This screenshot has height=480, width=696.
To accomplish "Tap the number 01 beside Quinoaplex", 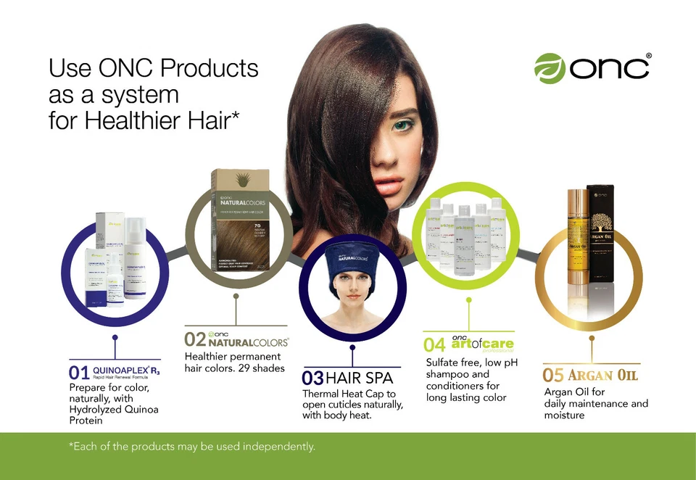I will click(x=80, y=373).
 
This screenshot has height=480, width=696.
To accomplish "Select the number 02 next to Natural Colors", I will click(x=195, y=339).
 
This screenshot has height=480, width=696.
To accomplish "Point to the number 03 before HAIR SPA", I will click(x=313, y=378).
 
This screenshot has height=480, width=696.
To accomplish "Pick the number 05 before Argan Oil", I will click(x=553, y=376).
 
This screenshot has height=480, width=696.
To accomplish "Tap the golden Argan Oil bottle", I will click(x=577, y=239).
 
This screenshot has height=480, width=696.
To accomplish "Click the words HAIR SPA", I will click(x=360, y=378).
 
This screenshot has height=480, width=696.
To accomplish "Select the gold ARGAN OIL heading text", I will click(x=602, y=376).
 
